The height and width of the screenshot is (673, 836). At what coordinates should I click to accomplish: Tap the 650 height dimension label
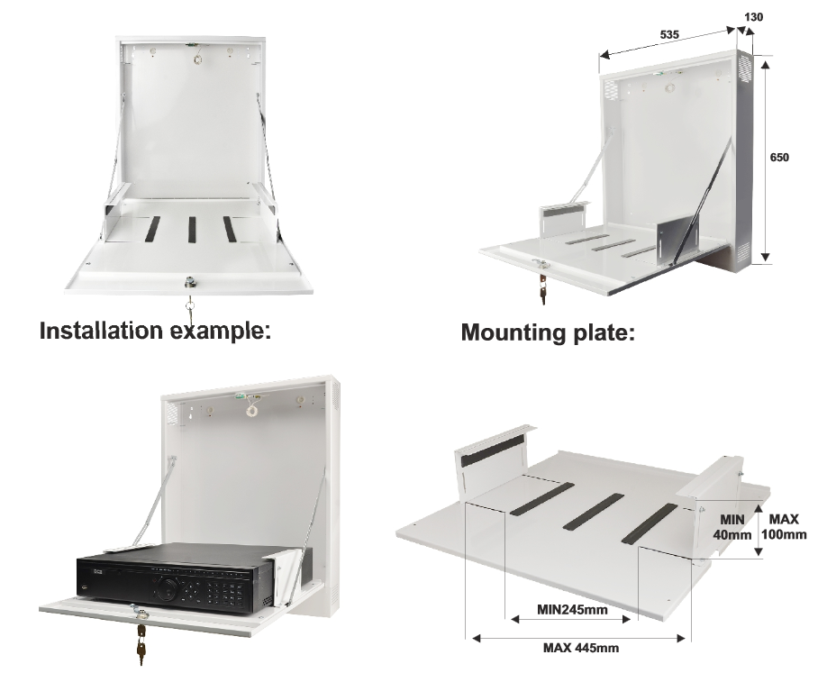click(779, 157)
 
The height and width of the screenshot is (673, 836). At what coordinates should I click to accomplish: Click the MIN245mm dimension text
click(572, 610)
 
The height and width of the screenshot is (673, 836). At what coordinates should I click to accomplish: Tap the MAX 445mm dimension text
click(580, 648)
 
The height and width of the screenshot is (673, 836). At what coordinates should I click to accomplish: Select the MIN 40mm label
click(732, 527)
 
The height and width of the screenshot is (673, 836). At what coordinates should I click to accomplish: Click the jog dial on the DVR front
click(168, 587)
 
